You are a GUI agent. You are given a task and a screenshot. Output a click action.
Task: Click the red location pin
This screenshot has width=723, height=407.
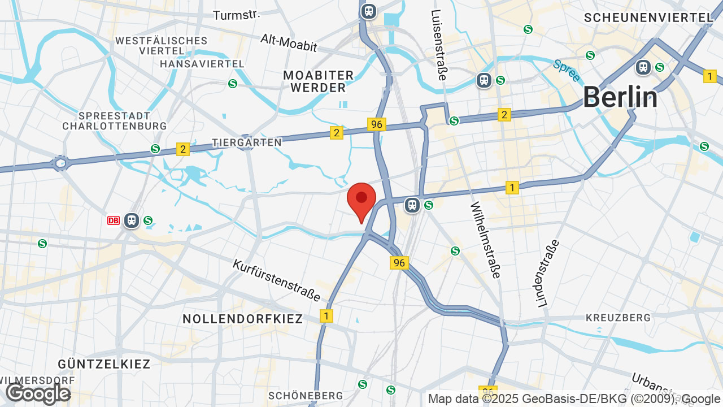(361, 201)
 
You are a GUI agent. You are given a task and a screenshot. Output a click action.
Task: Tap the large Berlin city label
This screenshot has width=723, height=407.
(620, 97)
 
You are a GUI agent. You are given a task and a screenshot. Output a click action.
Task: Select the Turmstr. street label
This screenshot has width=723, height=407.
(236, 15)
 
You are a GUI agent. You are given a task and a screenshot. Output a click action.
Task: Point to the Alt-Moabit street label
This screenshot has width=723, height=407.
(289, 42)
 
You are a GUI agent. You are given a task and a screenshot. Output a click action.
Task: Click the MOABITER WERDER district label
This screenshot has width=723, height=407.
(319, 81)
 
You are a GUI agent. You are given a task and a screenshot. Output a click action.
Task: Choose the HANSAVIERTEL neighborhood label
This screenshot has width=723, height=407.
(202, 64)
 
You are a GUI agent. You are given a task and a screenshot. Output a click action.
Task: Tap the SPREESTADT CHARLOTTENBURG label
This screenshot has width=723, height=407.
(115, 120)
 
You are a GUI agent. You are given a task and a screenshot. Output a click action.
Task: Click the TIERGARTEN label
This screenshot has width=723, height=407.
(247, 142)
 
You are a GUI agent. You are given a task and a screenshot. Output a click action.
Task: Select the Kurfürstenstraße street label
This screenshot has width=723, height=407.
(277, 280)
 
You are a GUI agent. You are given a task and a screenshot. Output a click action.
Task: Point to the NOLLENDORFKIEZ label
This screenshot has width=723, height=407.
(243, 319)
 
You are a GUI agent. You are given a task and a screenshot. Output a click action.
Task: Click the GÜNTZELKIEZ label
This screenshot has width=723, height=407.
(104, 363)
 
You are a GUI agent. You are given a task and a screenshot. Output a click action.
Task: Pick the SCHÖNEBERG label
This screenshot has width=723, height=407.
(306, 395)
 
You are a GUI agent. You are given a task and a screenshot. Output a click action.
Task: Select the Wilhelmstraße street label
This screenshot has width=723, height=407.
(485, 240)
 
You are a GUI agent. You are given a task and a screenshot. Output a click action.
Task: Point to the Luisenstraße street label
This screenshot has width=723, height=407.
(438, 45)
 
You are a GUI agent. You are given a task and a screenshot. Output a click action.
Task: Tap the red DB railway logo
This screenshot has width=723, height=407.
(114, 220)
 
